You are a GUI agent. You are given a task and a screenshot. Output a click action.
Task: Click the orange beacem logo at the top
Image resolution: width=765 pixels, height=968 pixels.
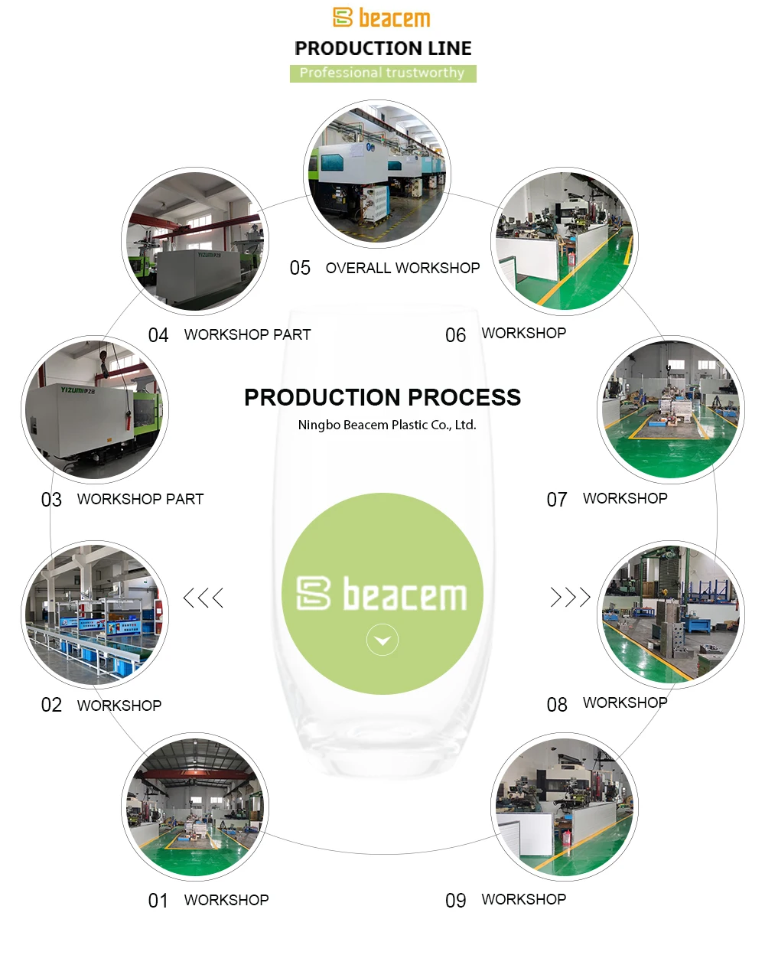click(x=382, y=18)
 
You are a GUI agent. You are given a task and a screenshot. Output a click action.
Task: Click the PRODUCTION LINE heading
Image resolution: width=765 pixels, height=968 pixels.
click(x=382, y=48)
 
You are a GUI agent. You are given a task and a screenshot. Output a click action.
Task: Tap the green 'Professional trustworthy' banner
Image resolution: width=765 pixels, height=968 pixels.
click(x=382, y=73)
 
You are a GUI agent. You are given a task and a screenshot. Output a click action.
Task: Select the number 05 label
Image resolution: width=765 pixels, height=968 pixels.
click(x=300, y=268)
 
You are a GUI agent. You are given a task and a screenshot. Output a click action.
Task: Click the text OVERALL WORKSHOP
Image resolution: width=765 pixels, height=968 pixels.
click(x=402, y=268)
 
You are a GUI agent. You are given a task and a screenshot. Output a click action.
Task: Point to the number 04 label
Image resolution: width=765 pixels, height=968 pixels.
click(x=158, y=335)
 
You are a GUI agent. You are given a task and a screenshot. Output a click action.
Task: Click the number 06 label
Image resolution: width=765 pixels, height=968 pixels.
click(x=455, y=335)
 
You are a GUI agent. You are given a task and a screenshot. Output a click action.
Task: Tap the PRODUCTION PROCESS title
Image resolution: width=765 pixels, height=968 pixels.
click(x=382, y=397)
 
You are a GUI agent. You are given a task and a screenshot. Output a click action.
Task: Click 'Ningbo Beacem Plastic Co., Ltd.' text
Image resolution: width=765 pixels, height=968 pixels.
click(x=387, y=425)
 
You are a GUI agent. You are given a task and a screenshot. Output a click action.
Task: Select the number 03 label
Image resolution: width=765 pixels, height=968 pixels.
click(x=51, y=500)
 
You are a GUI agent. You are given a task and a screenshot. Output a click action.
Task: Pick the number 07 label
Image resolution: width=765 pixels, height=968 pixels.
click(x=557, y=500)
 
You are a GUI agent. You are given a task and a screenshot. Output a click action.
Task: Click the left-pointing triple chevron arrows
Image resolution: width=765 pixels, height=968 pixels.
click(x=203, y=598)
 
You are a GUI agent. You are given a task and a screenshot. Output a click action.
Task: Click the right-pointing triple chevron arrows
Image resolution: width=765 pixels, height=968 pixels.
click(x=571, y=597)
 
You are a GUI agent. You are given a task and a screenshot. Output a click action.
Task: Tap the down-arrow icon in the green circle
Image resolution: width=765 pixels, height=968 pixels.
click(x=382, y=640)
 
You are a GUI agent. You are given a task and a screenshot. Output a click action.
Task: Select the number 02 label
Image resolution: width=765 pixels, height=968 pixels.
click(x=51, y=705)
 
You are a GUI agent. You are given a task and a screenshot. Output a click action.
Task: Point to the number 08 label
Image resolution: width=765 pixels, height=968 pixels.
click(x=557, y=705)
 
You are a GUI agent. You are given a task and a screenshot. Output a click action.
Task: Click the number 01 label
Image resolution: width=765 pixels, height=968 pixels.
click(x=158, y=901)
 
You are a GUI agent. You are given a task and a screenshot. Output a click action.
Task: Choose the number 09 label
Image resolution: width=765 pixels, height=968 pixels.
click(x=455, y=901)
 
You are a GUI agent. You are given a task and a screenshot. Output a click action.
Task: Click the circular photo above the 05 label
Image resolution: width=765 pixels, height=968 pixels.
click(x=377, y=174)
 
